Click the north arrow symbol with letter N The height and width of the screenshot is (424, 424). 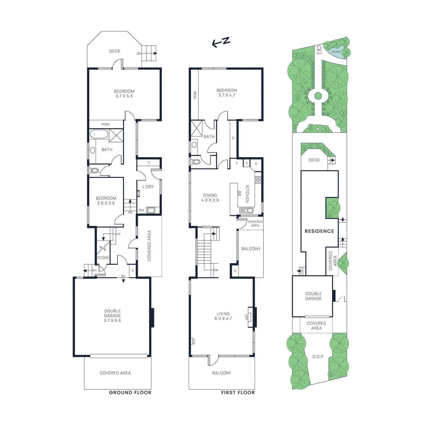[221, 42]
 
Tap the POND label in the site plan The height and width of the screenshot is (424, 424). [336, 52]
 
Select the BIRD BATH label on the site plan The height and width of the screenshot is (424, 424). [319, 52]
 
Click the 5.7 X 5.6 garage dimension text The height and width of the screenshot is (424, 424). [112, 320]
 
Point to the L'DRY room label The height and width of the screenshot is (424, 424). [148, 187]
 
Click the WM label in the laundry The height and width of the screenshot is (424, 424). [141, 210]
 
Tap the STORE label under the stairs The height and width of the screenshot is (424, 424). [103, 258]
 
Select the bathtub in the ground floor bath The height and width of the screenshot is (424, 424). [99, 134]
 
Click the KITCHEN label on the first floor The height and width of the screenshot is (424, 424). [247, 194]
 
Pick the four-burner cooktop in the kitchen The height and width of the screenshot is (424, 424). [258, 180]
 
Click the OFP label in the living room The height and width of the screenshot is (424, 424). [246, 317]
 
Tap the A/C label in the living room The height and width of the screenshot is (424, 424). [194, 341]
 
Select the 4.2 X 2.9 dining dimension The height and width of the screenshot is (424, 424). [210, 200]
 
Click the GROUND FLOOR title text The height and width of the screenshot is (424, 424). [130, 392]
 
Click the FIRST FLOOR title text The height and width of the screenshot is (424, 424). [238, 392]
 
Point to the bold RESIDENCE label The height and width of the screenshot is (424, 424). [319, 231]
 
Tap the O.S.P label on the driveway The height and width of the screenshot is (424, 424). [318, 357]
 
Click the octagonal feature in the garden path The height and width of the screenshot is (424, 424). [318, 96]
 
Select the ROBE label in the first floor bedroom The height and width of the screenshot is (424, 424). [195, 95]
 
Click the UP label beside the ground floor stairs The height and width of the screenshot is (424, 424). [118, 234]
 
